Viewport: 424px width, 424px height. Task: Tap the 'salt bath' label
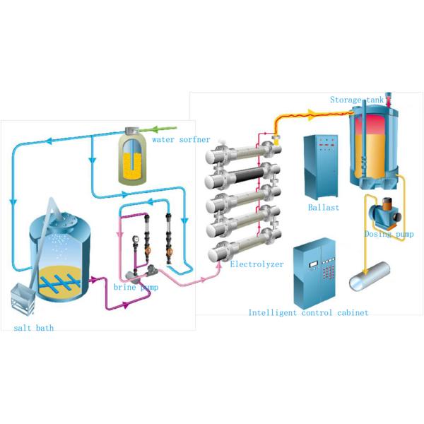33,328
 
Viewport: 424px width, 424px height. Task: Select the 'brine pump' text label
136,288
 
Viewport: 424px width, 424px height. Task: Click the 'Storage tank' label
357,100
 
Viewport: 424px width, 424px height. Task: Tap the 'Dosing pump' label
389,234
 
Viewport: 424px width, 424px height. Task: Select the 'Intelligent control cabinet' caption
308,312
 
